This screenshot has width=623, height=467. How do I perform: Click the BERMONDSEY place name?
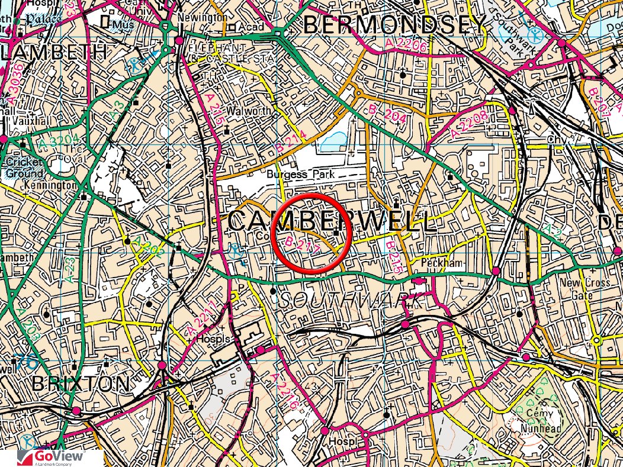(x=394, y=25)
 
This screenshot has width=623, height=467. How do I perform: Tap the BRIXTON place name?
(x=81, y=383)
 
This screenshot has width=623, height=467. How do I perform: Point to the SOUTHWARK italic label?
(x=353, y=301)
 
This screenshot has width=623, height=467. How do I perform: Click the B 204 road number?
(x=387, y=114)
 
